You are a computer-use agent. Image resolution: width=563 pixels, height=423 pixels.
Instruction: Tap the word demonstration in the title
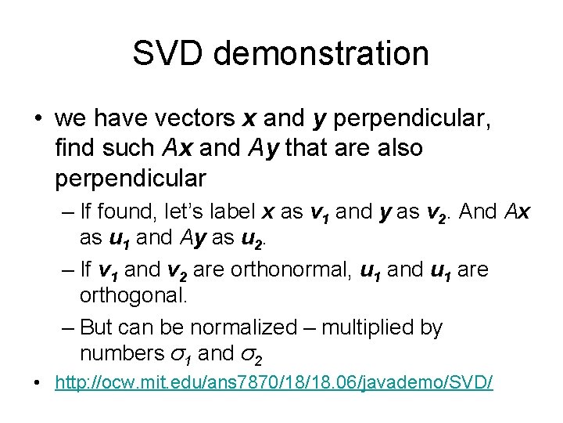(321, 53)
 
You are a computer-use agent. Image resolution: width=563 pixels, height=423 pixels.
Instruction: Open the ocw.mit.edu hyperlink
(274, 385)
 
